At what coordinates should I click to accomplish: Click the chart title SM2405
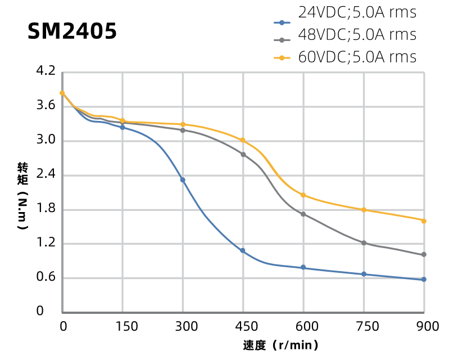(72, 31)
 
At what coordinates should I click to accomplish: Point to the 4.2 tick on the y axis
(47, 71)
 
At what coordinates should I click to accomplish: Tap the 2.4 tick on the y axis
(47, 174)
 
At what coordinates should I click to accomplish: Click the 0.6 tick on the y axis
(47, 277)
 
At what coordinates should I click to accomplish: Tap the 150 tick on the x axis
(123, 327)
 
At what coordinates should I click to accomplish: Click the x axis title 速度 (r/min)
(281, 345)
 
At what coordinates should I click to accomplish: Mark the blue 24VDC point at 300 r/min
(183, 180)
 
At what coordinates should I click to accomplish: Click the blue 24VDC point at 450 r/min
(243, 251)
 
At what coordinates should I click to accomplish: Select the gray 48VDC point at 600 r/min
(303, 214)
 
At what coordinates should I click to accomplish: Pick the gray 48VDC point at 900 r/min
(424, 255)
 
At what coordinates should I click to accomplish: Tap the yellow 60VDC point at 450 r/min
(243, 140)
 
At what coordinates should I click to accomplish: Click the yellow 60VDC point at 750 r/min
(364, 210)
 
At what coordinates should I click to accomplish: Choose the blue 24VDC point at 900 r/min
(424, 280)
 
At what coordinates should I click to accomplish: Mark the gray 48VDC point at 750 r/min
(364, 243)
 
